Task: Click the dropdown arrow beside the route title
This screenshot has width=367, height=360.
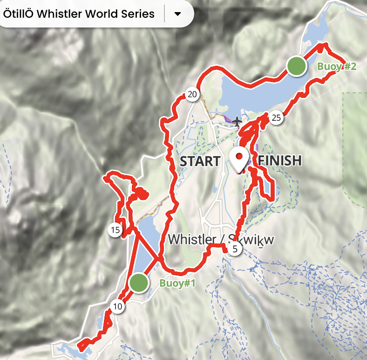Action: pos(177,14)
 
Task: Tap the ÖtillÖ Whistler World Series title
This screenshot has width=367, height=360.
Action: pos(79,14)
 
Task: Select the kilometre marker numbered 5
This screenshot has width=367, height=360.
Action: pos(235,249)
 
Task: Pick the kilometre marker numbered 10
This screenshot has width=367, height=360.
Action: pos(117,306)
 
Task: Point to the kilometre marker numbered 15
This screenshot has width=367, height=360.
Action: pos(116,229)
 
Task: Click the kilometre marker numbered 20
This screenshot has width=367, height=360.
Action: pos(192,95)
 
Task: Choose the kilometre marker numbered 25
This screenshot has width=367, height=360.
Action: pos(276,118)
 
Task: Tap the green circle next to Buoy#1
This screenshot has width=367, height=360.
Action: pos(139,283)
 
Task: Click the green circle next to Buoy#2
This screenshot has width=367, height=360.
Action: pos(296,66)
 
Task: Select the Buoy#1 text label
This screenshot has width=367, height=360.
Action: pos(177,283)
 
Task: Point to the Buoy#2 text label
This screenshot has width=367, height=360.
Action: pos(337,67)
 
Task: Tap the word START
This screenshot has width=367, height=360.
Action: pos(200,161)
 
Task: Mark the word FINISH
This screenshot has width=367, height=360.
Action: pos(280,161)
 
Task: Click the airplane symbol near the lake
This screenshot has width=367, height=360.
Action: pos(238,122)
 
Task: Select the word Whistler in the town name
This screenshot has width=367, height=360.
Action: pos(192,239)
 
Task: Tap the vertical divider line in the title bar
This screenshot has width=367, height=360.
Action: pos(165,14)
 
